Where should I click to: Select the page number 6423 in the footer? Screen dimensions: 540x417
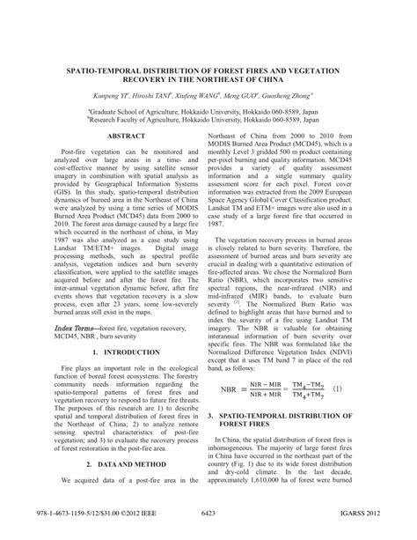tap(208, 513)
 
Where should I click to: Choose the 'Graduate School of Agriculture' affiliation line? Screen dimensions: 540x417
tap(208, 113)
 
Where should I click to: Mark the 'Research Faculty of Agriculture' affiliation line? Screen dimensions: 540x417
tap(208, 122)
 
